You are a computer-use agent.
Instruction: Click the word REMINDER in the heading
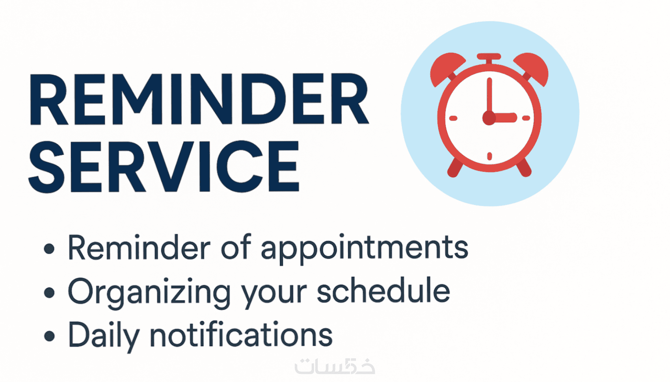point(199,99)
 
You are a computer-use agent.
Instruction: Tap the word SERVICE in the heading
point(164,167)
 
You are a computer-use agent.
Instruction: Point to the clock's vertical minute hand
point(489,96)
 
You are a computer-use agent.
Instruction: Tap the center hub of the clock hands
point(489,118)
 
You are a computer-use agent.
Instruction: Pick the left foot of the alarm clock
point(455,168)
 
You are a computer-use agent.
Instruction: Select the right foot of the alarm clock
point(524,168)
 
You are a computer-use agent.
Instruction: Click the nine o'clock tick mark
point(454,119)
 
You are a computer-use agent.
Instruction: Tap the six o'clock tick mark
point(489,156)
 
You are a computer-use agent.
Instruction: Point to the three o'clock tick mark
point(526,119)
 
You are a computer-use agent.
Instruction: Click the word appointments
point(365,249)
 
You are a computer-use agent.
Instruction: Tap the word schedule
point(383,289)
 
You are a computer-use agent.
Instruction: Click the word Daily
point(104,336)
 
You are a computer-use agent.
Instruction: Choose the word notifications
point(241,334)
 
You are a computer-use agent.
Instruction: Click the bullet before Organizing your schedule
point(49,293)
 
